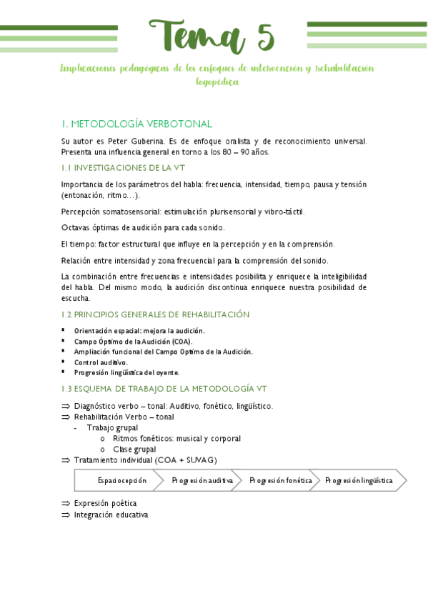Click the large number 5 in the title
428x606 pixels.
click(261, 36)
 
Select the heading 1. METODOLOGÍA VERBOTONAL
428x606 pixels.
click(136, 124)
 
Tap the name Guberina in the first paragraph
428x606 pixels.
click(145, 141)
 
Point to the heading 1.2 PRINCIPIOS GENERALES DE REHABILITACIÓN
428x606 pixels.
click(155, 314)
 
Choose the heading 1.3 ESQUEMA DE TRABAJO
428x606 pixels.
click(164, 389)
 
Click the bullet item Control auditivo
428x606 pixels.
click(101, 362)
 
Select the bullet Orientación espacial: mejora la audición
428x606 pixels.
click(139, 331)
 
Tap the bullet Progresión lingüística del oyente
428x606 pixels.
click(126, 372)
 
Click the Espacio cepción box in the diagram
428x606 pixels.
click(122, 481)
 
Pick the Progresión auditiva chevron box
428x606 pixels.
click(202, 481)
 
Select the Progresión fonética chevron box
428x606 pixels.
click(280, 481)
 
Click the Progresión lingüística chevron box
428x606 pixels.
click(359, 481)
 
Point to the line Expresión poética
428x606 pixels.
click(105, 503)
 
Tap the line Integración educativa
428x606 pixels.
click(111, 514)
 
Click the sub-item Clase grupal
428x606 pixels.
click(134, 449)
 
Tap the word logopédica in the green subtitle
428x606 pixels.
click(217, 82)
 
